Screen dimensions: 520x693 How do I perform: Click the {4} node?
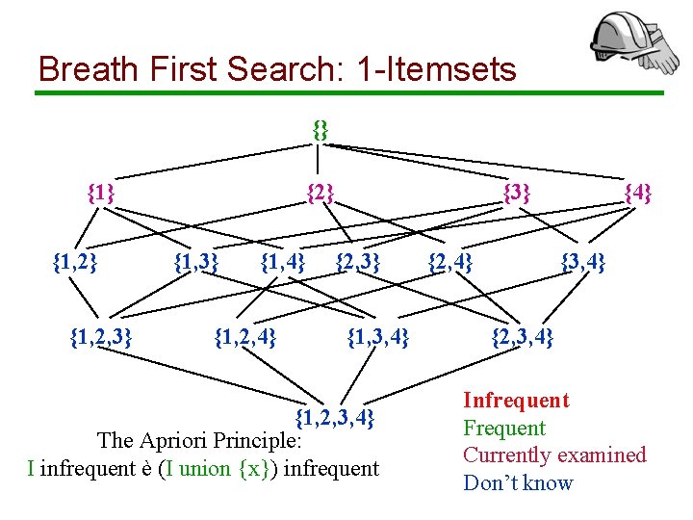(638, 193)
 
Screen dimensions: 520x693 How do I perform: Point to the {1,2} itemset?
(74, 260)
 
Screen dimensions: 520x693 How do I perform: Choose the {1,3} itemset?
(196, 260)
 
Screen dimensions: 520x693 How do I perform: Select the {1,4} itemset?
(283, 260)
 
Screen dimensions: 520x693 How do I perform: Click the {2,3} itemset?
(358, 260)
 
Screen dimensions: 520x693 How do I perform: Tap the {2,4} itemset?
(450, 260)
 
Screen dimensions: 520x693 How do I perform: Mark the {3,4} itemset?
(583, 260)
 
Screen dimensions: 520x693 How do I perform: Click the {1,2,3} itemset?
(101, 336)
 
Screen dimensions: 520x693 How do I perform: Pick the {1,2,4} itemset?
(245, 336)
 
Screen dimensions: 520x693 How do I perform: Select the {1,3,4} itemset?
(378, 336)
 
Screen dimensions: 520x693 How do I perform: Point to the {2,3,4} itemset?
(523, 336)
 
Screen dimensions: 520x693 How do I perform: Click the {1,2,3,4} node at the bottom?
(333, 417)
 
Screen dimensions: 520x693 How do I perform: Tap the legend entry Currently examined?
(554, 455)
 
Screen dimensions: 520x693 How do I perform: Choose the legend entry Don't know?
(518, 482)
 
